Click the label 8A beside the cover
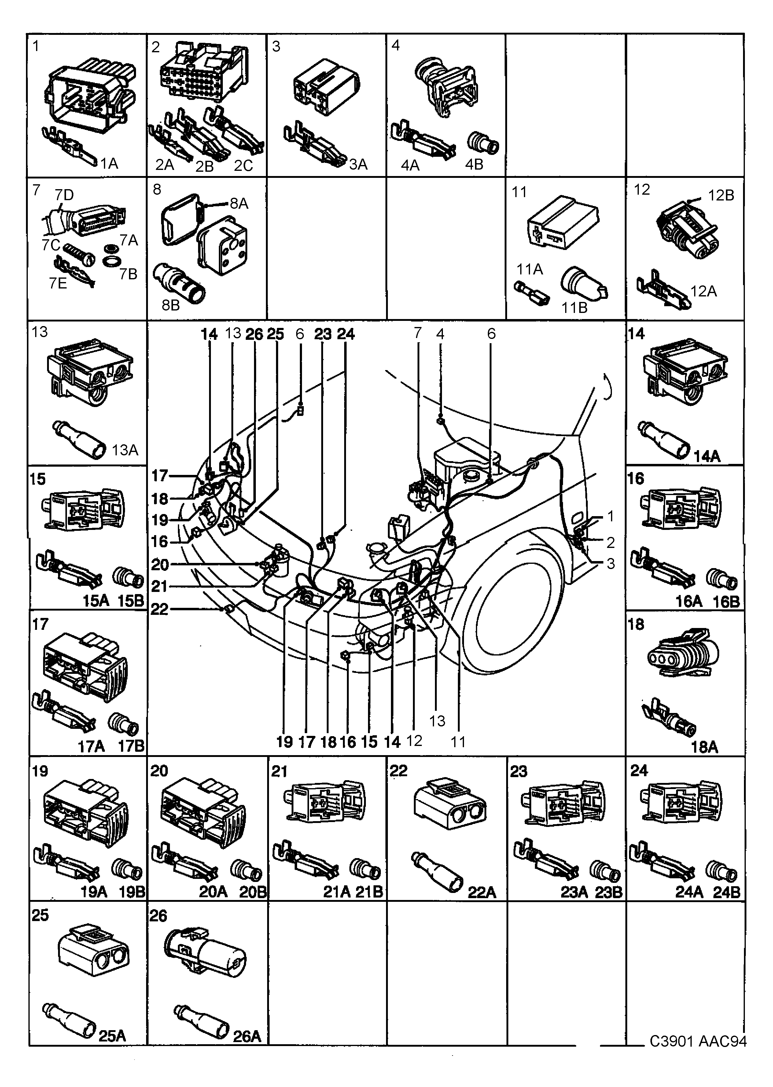[x=239, y=204]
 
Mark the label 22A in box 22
[x=482, y=892]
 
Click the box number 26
[x=159, y=915]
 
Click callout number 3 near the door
[x=611, y=564]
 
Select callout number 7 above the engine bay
[x=418, y=333]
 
